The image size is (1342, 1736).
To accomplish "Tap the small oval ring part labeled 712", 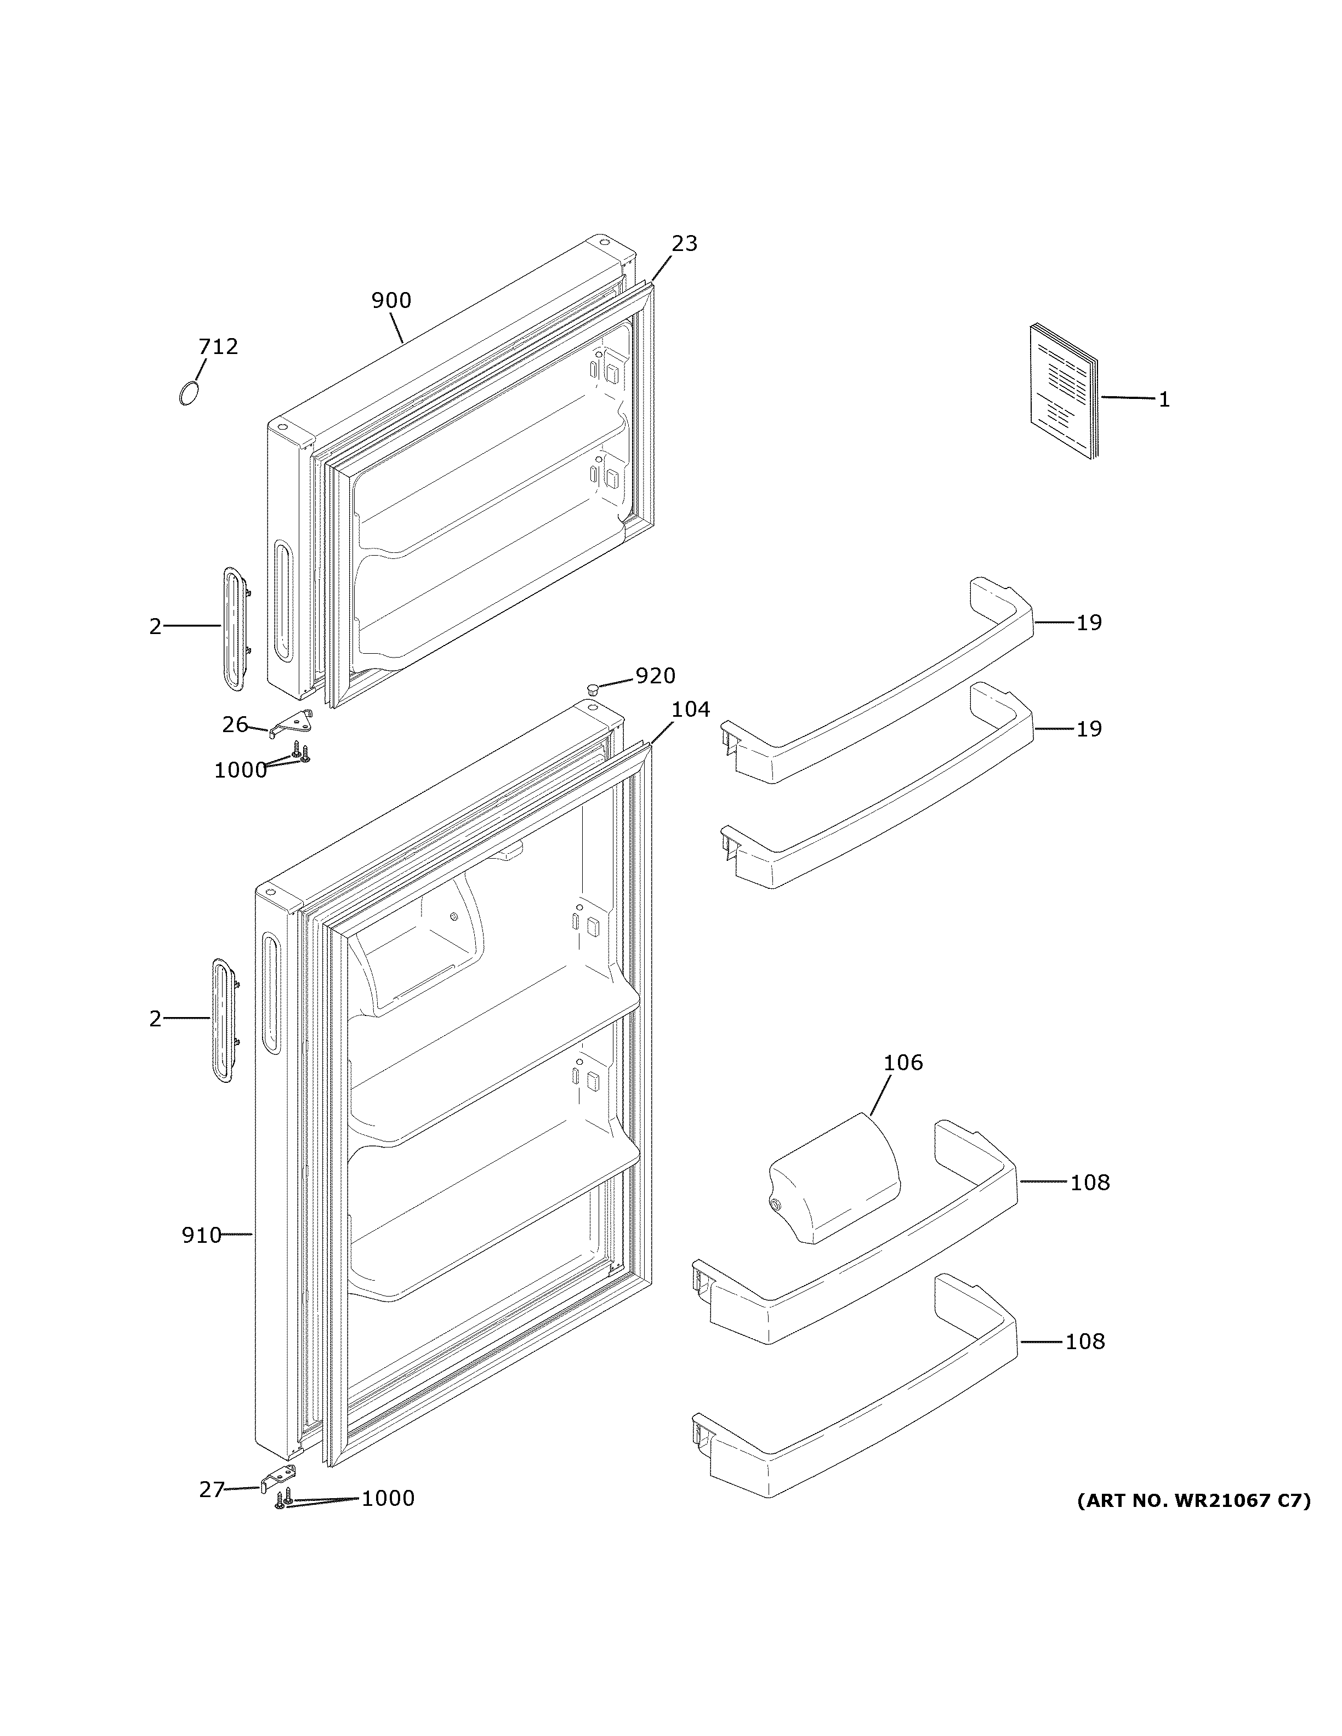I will pos(187,393).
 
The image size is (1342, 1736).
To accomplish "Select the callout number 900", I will pos(391,300).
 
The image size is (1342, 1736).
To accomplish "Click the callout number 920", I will pos(655,676).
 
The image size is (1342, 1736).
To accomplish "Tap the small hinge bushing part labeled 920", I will pos(592,687).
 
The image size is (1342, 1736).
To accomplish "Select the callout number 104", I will pos(690,709).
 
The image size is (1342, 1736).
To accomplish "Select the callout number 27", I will pos(212,1489).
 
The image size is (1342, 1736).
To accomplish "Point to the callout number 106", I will pos(903,1063).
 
